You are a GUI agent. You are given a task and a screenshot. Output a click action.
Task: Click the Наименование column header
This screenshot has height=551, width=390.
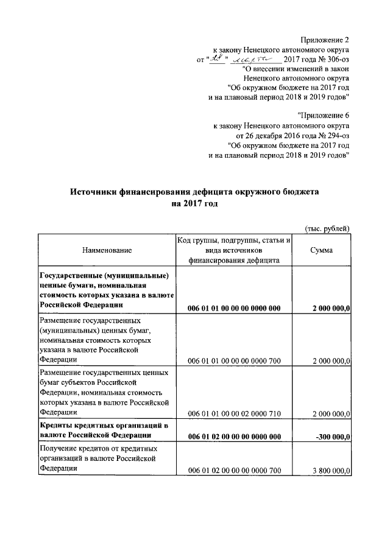[x=107, y=250]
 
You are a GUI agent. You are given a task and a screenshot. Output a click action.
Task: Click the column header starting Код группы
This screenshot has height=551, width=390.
[x=234, y=250]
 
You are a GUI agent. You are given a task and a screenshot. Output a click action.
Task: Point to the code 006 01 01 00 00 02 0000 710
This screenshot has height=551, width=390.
[x=234, y=414]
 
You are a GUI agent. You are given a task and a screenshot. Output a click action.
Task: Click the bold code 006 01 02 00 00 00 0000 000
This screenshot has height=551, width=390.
[x=234, y=436]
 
